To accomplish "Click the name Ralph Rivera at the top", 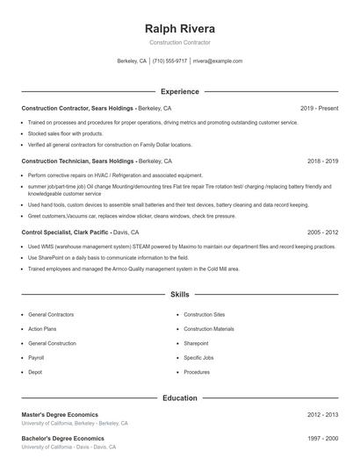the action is pos(180,27).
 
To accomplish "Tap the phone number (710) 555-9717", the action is pos(169,61).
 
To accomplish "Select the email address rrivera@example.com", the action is pos(218,61).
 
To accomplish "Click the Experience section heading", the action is pos(180,91).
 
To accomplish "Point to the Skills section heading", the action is pos(180,295).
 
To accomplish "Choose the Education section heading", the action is pos(180,397).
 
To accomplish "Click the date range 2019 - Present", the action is pos(319,108).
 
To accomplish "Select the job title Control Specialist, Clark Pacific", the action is pos(65,232).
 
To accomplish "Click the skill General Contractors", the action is pos(52,314).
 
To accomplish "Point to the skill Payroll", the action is pos(36,358).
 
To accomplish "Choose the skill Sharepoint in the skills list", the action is pos(196,343).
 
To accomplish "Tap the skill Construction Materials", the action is pos(209,329).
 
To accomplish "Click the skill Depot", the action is pos(35,372).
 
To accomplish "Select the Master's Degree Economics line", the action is pos(60,414).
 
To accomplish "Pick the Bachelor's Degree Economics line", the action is pos(62,438).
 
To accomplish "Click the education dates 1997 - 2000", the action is pos(322,438).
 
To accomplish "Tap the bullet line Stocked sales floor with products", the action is pos(65,133).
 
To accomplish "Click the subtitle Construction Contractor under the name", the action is pos(180,42).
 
